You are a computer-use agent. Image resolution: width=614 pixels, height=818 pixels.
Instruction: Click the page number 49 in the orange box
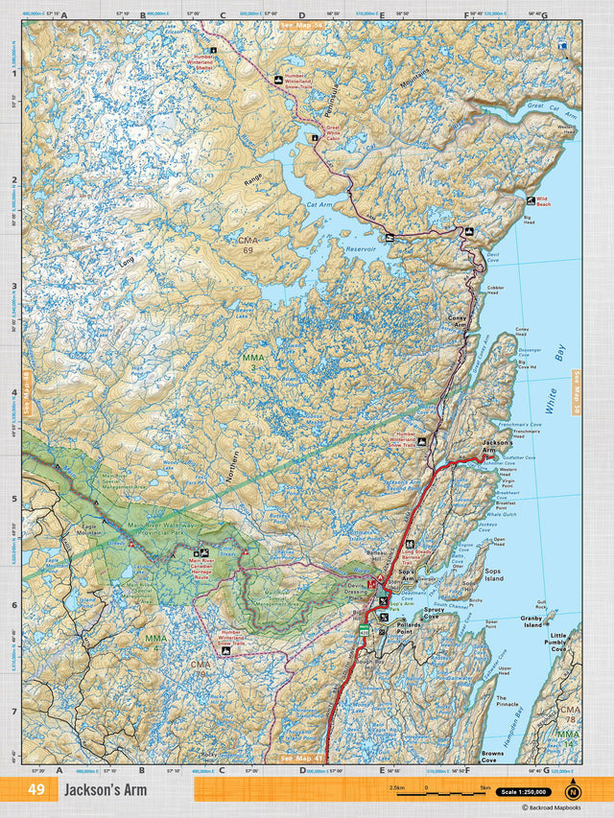click(x=36, y=790)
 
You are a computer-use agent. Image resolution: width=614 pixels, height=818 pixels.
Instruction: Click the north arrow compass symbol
click(x=573, y=791)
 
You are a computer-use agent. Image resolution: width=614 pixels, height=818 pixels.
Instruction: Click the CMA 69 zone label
click(x=249, y=245)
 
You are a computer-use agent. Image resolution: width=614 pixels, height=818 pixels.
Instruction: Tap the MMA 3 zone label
click(x=253, y=362)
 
